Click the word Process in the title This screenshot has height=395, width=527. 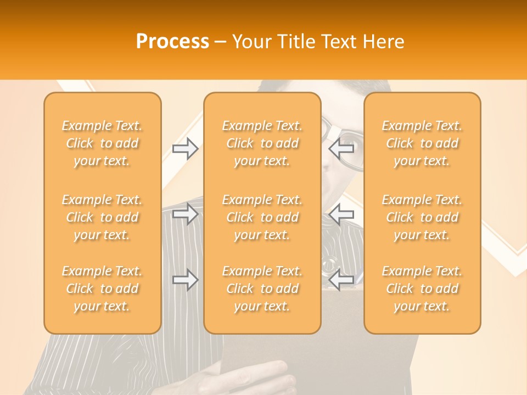click(172, 41)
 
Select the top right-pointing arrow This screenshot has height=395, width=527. click(185, 148)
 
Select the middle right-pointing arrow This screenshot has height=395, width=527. click(185, 214)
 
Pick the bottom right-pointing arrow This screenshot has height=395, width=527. click(185, 280)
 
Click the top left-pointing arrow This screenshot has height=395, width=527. click(341, 148)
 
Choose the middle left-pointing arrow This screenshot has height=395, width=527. click(341, 214)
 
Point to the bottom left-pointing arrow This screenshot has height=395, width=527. click(341, 280)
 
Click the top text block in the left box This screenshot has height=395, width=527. click(102, 143)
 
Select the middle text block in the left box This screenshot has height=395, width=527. click(102, 217)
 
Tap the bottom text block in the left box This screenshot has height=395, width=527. click(102, 289)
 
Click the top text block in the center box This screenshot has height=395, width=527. click(262, 143)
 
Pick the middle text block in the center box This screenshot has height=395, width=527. click(262, 217)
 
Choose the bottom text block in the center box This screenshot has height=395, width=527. click(262, 289)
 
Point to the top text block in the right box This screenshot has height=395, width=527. click(422, 143)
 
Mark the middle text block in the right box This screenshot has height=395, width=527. click(422, 217)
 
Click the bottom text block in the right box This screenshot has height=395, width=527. click(422, 289)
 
